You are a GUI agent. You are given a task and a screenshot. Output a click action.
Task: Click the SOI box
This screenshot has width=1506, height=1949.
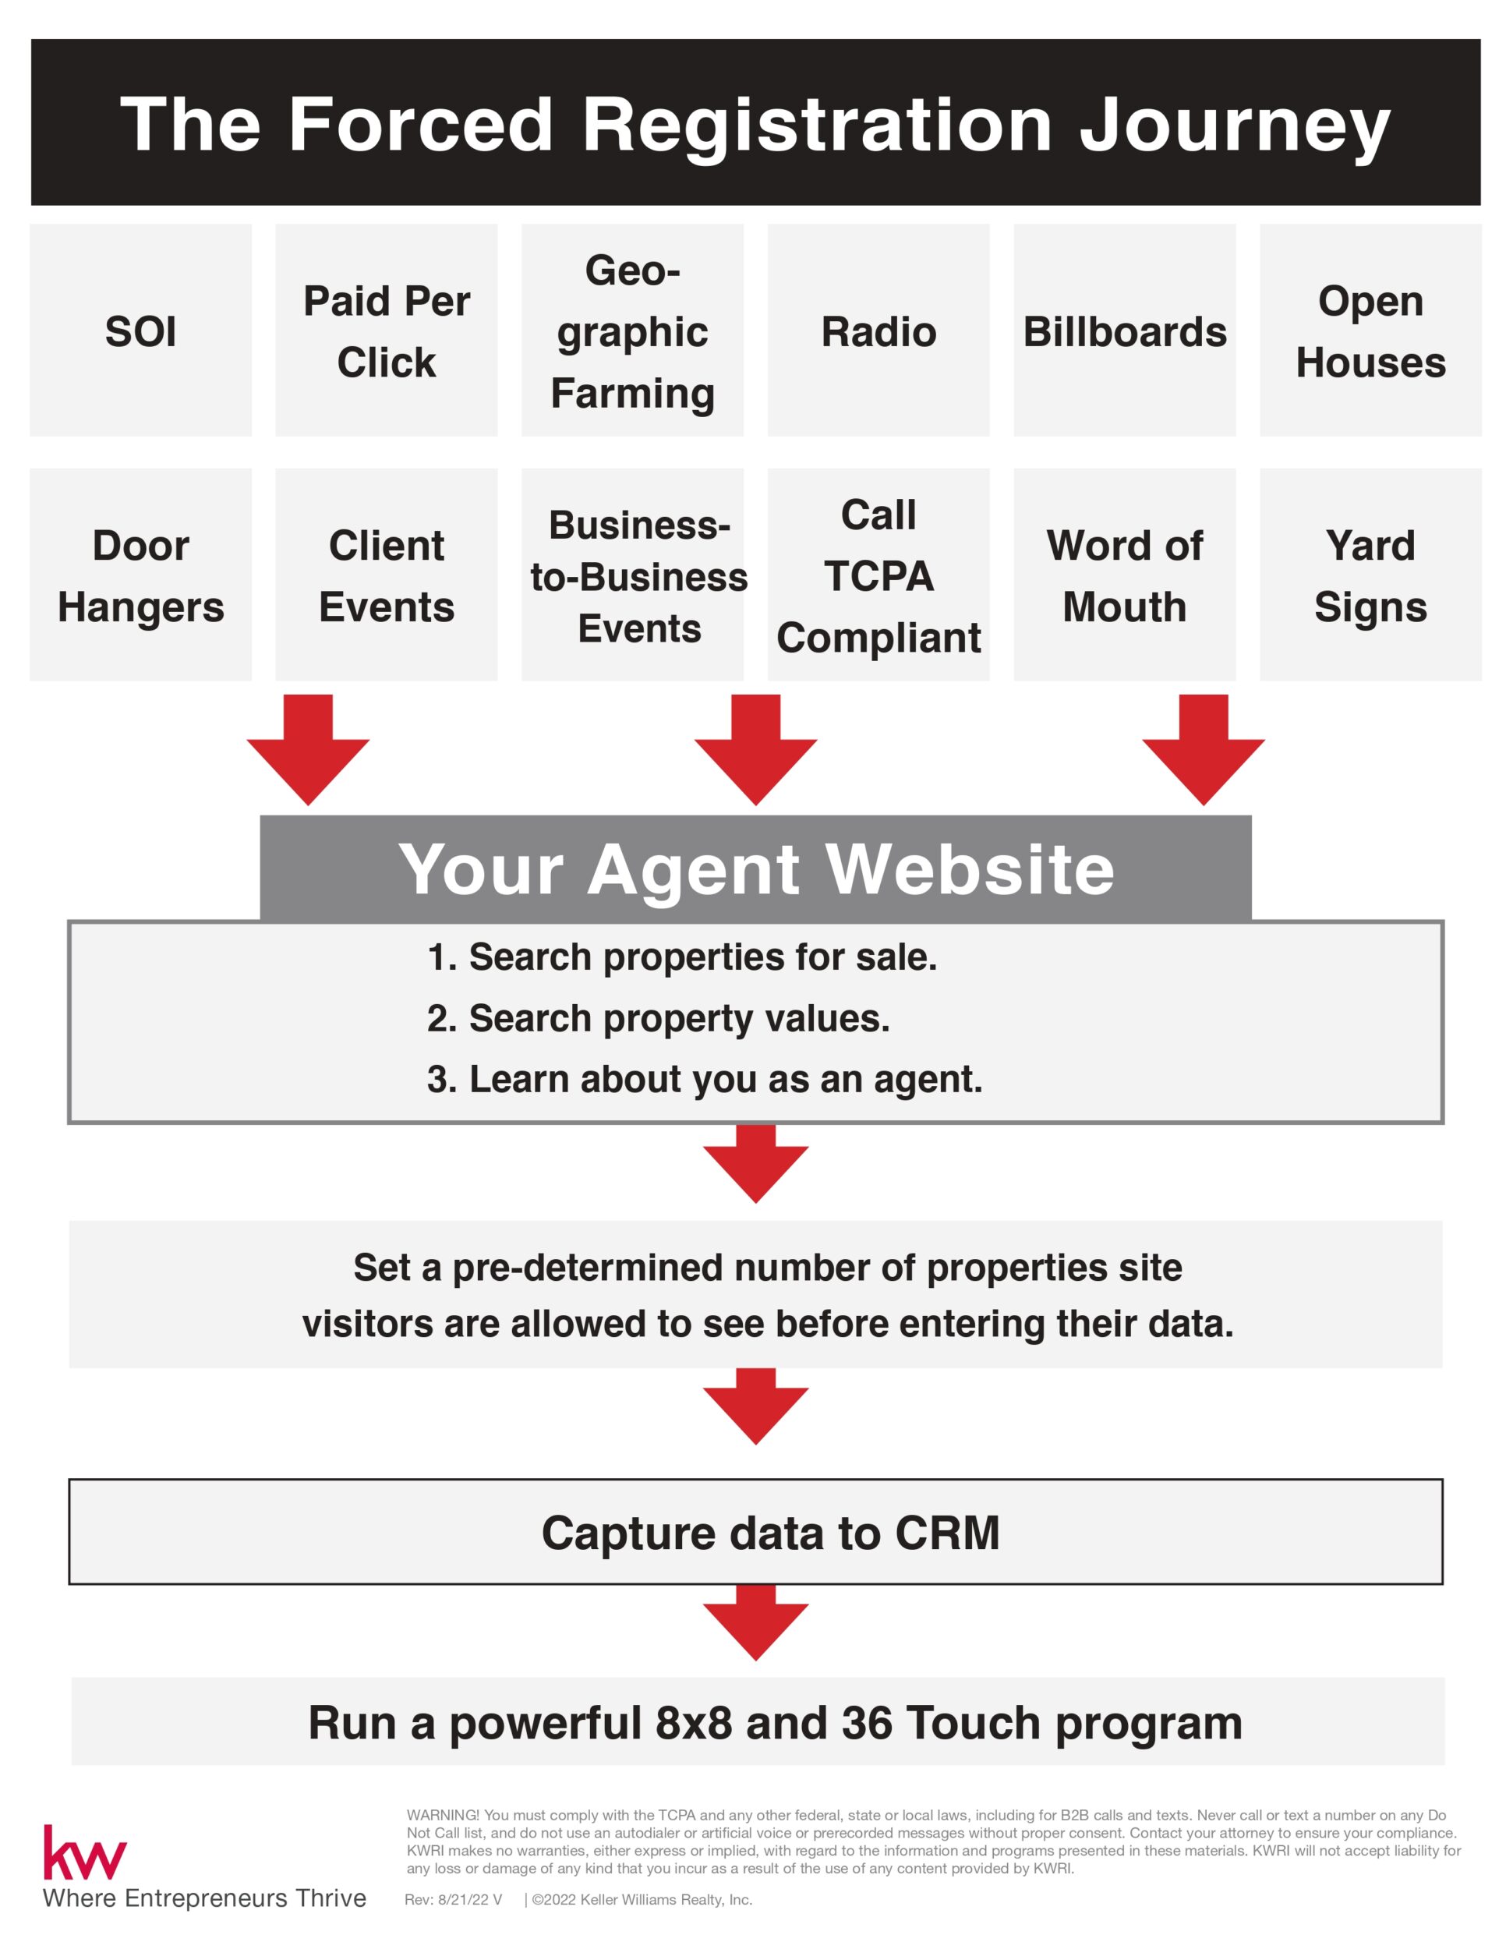pos(140,331)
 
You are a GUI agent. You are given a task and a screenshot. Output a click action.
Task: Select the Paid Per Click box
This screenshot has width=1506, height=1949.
pos(387,331)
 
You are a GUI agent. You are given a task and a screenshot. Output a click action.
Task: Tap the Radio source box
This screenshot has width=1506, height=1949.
pos(878,331)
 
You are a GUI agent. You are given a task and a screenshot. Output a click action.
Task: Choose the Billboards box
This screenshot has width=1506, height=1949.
pos(1124,331)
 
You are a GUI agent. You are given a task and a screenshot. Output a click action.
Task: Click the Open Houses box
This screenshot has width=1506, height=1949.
pos(1370,331)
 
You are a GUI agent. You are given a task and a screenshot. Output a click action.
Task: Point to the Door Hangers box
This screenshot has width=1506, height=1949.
pos(140,575)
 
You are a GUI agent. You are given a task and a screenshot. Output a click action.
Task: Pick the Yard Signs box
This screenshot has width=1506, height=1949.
pos(1370,575)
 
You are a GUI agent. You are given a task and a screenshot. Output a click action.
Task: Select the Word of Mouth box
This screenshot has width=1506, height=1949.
pos(1124,575)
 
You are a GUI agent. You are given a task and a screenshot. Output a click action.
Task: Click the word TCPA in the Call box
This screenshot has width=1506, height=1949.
pos(878,575)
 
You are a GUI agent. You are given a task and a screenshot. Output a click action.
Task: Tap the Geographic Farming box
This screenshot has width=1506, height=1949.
pos(632,331)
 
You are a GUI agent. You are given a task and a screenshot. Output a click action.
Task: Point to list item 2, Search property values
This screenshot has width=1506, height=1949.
pos(659,1018)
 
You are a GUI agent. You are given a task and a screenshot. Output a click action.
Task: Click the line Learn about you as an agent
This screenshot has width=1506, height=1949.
pos(705,1079)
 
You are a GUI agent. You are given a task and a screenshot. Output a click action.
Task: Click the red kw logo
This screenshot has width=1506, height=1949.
pos(85,1854)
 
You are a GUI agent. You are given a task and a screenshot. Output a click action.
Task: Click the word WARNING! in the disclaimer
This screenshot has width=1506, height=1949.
pos(443,1815)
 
